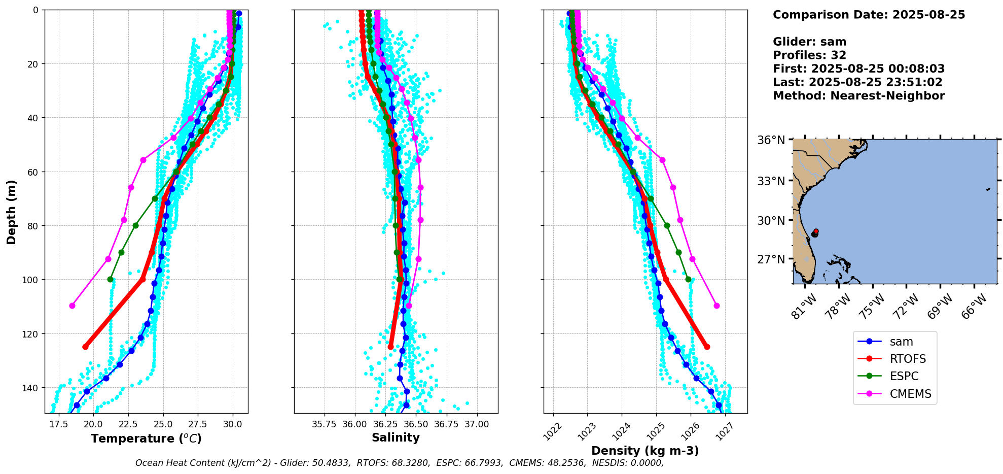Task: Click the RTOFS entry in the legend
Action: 907,359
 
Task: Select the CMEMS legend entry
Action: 910,394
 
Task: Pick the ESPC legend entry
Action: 904,376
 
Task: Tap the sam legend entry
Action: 901,342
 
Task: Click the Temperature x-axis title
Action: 146,438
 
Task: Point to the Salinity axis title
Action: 396,437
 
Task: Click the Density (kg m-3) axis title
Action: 645,451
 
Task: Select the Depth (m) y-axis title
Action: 11,212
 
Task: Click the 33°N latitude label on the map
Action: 771,181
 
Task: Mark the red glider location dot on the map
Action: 816,231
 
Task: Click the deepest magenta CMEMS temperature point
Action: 72,306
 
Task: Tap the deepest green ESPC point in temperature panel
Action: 110,279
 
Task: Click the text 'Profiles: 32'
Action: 809,55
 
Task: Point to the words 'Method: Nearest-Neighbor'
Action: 858,96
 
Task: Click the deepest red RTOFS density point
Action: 707,347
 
